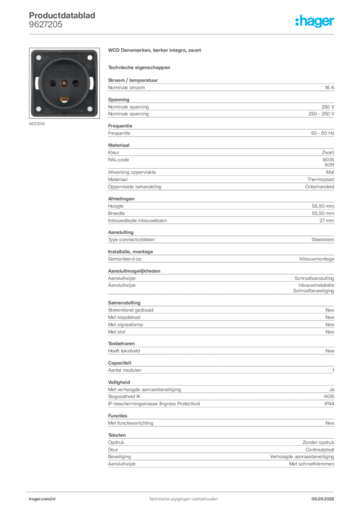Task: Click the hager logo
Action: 314,21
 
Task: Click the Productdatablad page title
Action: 62,15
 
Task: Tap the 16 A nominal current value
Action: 329,87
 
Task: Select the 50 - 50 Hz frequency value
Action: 322,133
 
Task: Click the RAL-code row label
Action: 118,160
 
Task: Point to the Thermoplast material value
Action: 320,179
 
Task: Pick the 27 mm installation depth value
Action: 327,220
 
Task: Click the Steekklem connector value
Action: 323,240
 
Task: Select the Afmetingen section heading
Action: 121,199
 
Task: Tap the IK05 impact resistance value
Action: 329,396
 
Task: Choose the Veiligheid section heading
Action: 119,382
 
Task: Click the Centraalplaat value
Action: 320,449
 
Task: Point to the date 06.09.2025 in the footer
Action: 323,499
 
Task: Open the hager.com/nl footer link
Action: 42,499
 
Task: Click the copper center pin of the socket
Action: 64,84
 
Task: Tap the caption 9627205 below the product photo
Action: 37,124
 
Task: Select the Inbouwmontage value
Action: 317,259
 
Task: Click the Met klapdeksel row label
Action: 124,317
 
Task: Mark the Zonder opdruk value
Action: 318,442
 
